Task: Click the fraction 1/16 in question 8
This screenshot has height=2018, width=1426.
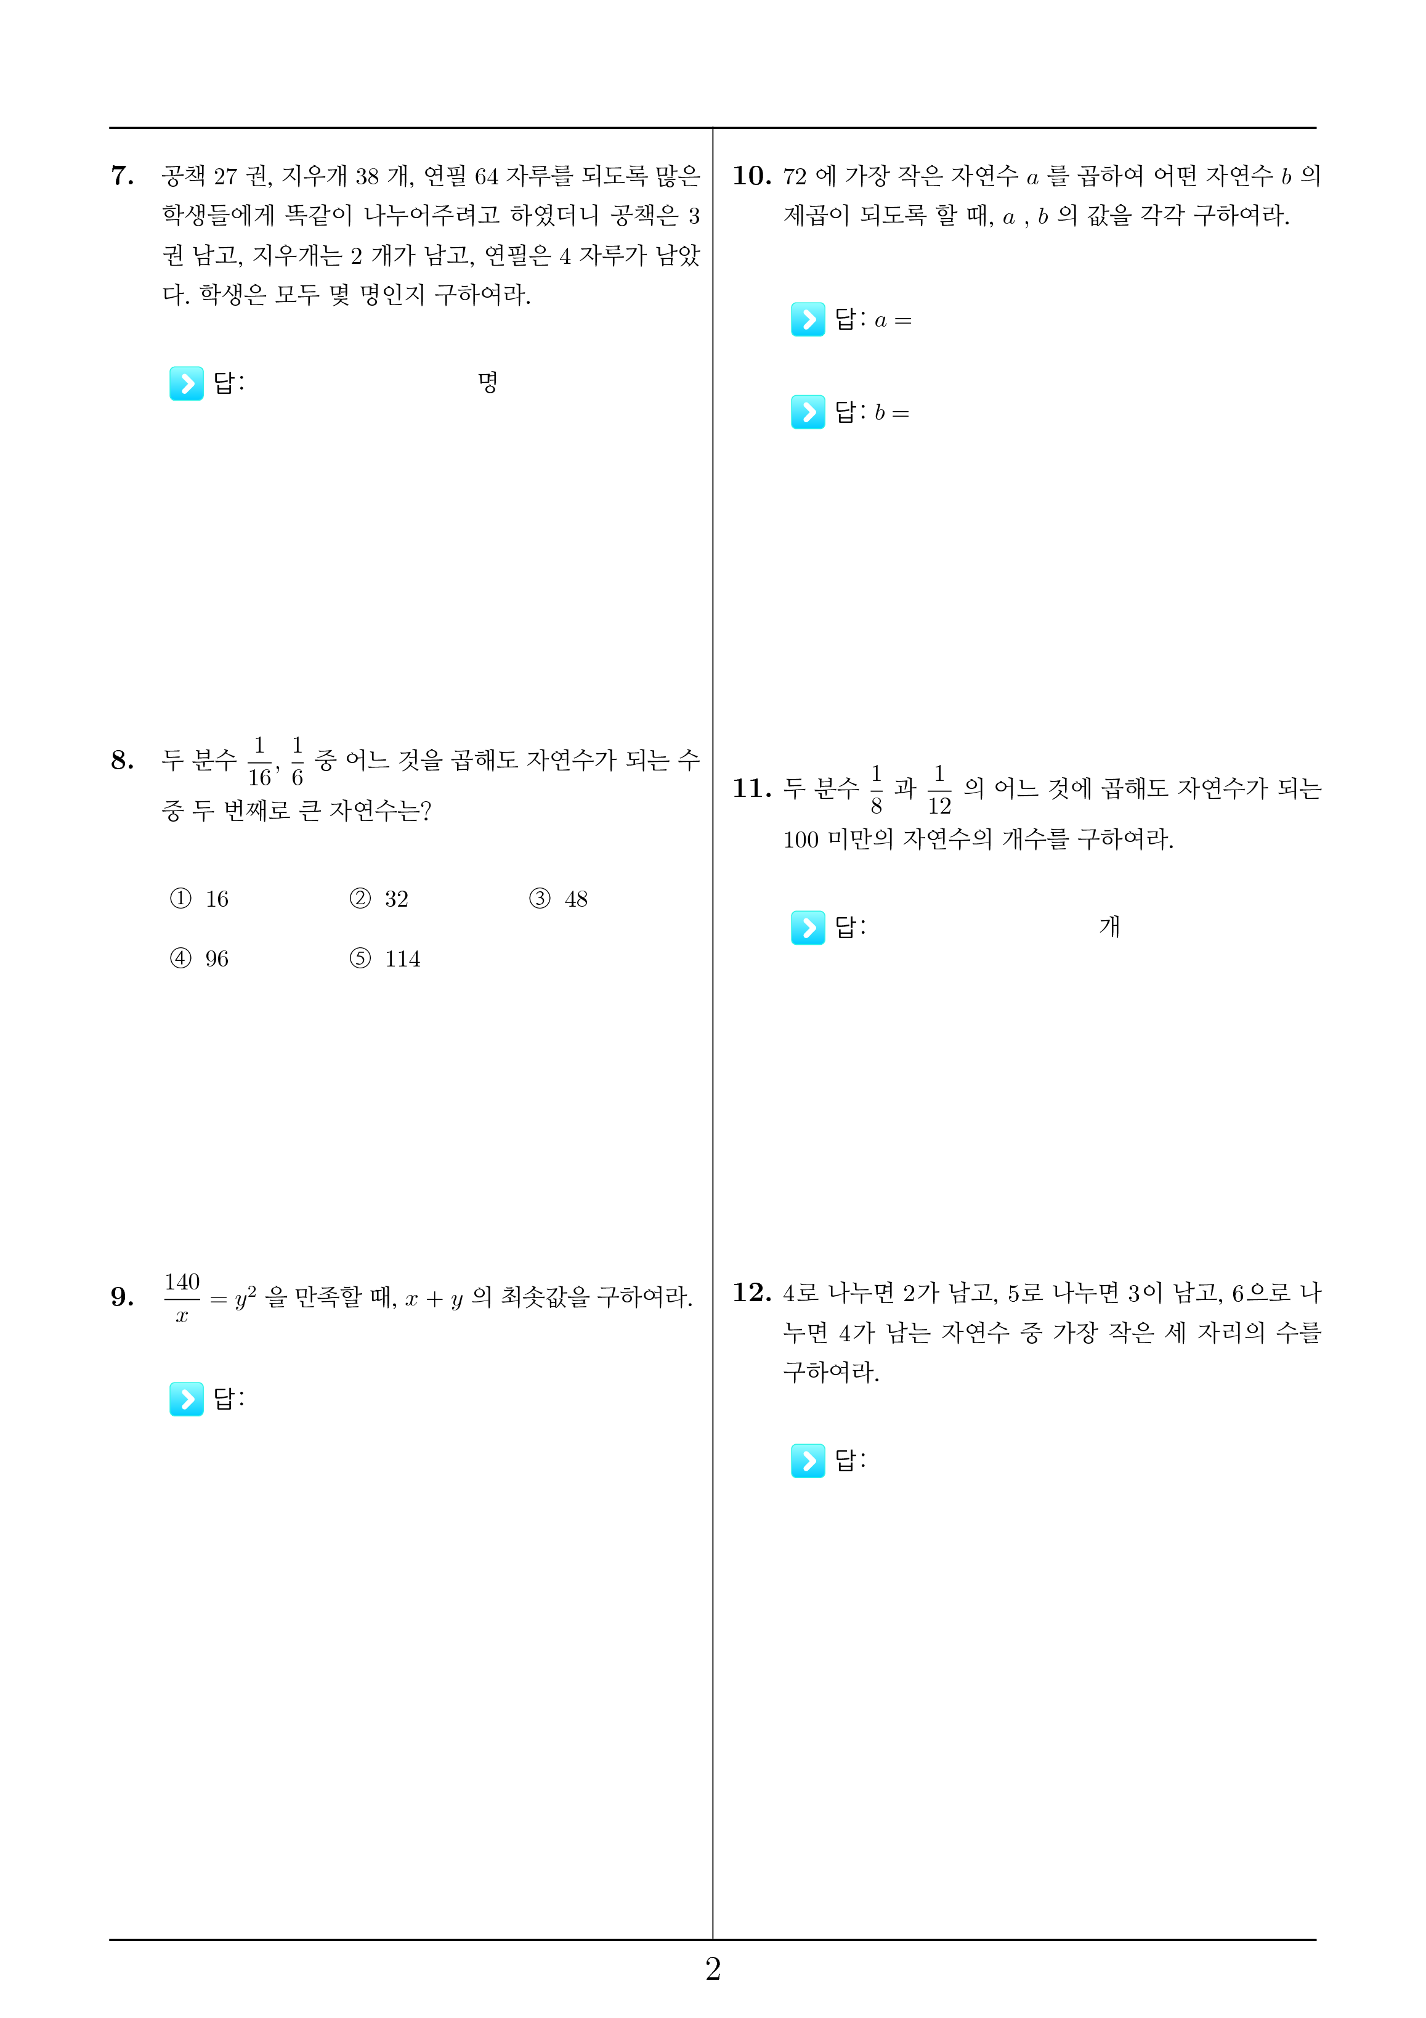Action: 259,761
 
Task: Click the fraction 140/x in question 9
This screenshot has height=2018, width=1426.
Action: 182,1297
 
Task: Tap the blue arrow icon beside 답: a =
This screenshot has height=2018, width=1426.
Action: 808,319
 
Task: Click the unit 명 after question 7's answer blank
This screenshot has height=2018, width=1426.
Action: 488,382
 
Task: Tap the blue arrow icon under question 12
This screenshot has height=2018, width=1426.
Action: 808,1460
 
